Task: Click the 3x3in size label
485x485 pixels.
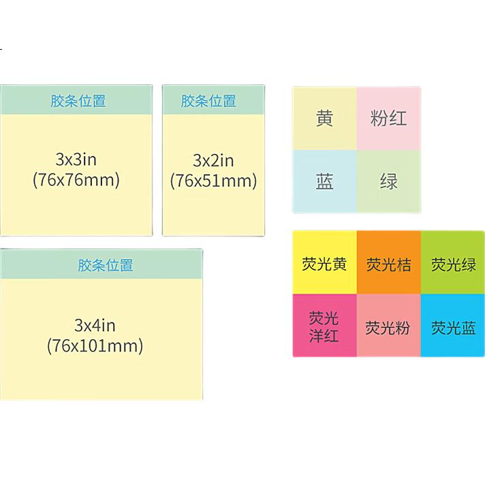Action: (x=76, y=159)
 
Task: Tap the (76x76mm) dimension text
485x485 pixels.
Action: (x=76, y=180)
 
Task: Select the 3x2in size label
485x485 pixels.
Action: (x=213, y=161)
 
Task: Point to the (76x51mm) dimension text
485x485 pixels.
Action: (x=213, y=181)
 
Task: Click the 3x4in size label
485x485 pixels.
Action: (x=95, y=326)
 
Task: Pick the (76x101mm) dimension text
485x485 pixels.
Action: (x=95, y=346)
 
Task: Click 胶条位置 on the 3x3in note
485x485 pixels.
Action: (x=78, y=101)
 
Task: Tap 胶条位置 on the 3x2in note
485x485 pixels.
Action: (x=208, y=101)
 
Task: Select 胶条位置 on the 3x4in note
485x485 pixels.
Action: (x=105, y=265)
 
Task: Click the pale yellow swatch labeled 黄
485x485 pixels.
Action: (x=324, y=119)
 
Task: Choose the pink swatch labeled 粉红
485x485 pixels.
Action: (x=388, y=119)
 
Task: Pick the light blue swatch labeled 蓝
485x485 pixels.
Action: (x=324, y=181)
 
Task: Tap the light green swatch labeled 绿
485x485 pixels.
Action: (x=388, y=181)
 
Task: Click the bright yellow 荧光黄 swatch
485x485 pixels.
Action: (x=325, y=262)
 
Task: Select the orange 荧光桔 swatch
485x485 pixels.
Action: (x=389, y=262)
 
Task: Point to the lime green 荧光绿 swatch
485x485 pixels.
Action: (x=453, y=262)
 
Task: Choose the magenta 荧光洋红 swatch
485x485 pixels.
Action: (x=325, y=326)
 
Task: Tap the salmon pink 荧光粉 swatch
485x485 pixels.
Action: (x=389, y=326)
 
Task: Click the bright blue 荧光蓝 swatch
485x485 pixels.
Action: (x=453, y=326)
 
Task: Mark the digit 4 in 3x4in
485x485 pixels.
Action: (x=97, y=326)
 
